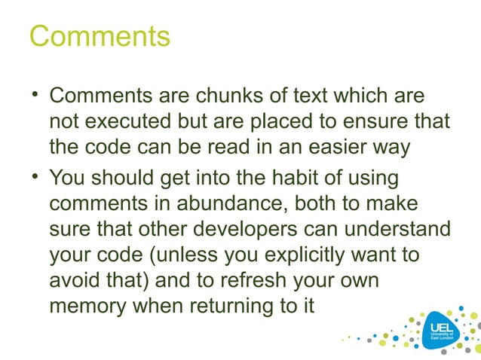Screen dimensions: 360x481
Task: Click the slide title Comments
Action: (100, 35)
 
